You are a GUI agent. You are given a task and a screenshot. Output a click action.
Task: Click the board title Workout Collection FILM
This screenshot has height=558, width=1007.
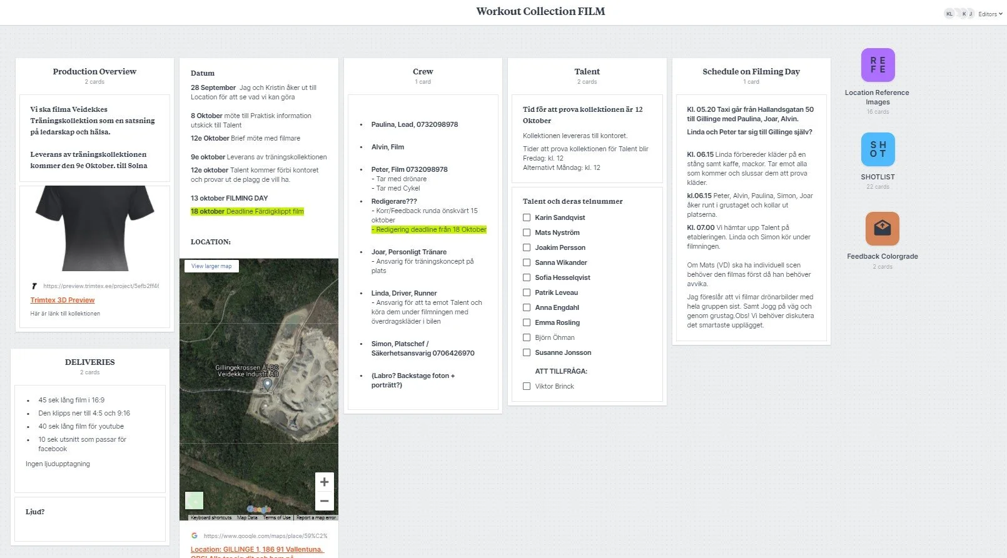pos(540,11)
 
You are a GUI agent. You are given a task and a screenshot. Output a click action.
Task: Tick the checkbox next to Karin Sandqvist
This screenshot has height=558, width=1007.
pos(527,217)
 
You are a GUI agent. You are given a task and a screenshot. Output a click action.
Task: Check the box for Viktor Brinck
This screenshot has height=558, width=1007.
pos(527,386)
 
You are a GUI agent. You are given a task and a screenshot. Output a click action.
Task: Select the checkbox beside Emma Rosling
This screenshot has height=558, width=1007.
pos(527,322)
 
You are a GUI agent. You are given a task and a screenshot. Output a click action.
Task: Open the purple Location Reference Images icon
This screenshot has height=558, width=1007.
pos(878,65)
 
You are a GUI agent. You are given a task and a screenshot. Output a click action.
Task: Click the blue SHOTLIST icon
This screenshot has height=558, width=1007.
pos(878,149)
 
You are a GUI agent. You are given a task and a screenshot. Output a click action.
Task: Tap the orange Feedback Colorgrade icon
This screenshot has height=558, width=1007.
pos(882,229)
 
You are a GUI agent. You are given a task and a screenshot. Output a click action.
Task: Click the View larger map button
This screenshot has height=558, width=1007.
pos(211,266)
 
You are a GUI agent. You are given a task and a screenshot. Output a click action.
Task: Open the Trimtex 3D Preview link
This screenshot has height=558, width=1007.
pos(63,300)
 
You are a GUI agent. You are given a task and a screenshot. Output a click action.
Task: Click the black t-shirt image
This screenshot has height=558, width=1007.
pos(94,228)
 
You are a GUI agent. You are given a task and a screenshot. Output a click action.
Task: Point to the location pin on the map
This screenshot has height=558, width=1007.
pos(268,384)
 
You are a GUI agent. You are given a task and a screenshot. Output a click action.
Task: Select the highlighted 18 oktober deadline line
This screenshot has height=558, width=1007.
pos(247,211)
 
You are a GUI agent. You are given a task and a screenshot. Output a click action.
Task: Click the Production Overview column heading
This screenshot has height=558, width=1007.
pos(94,71)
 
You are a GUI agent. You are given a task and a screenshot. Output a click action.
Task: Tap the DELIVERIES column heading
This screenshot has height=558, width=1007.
pos(90,362)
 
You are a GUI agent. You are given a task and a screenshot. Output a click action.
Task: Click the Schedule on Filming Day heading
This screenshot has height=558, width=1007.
pos(751,71)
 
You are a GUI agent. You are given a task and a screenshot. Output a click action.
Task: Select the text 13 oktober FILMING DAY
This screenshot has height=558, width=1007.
pos(229,198)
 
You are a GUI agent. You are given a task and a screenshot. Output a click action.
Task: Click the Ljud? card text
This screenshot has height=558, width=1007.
pos(35,512)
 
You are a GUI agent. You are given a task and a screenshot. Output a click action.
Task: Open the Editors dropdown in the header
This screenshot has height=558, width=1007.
pos(989,14)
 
